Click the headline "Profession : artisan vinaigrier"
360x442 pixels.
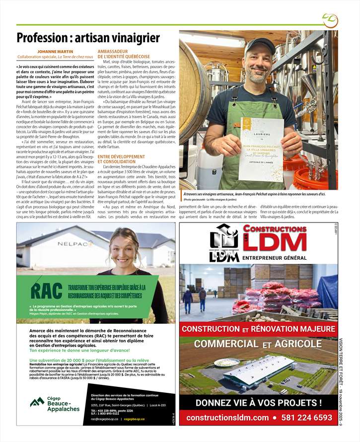[x=88, y=38]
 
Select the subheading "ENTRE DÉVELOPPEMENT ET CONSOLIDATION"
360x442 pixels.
[x=121, y=159]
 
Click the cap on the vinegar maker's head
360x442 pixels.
[x=259, y=46]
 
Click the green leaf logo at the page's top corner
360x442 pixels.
[x=330, y=20]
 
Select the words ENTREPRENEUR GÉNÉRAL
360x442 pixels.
[x=275, y=258]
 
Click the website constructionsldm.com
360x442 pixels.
[x=227, y=418]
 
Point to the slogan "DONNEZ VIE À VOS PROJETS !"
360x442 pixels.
[x=258, y=402]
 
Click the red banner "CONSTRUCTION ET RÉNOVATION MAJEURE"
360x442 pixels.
[x=258, y=329]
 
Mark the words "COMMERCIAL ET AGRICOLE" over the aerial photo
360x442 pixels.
[x=258, y=344]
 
